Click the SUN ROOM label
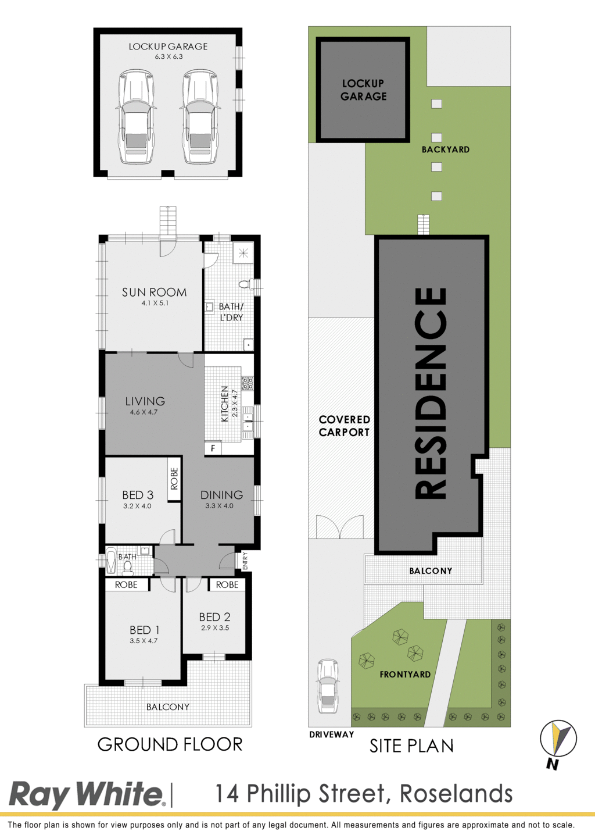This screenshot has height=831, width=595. [154, 293]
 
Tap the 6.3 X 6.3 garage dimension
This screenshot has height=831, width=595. [169, 57]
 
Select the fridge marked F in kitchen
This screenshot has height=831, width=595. [213, 448]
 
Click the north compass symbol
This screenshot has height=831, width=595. [558, 739]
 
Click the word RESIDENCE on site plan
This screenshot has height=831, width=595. [431, 393]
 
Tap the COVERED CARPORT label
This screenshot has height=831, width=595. [344, 426]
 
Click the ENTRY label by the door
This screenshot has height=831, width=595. [245, 561]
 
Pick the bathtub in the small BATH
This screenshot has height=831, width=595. [111, 562]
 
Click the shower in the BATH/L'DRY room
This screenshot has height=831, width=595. [243, 253]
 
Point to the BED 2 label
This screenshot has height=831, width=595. [214, 617]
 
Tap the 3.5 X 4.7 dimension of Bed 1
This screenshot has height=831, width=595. [144, 641]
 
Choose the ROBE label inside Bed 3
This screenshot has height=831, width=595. [174, 479]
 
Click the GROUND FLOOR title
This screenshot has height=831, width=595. [170, 744]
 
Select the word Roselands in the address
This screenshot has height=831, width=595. [456, 794]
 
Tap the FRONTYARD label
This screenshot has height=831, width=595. [405, 675]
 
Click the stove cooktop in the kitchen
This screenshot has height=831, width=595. [248, 383]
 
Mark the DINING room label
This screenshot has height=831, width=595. [222, 495]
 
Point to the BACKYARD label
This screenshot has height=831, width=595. [446, 149]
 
